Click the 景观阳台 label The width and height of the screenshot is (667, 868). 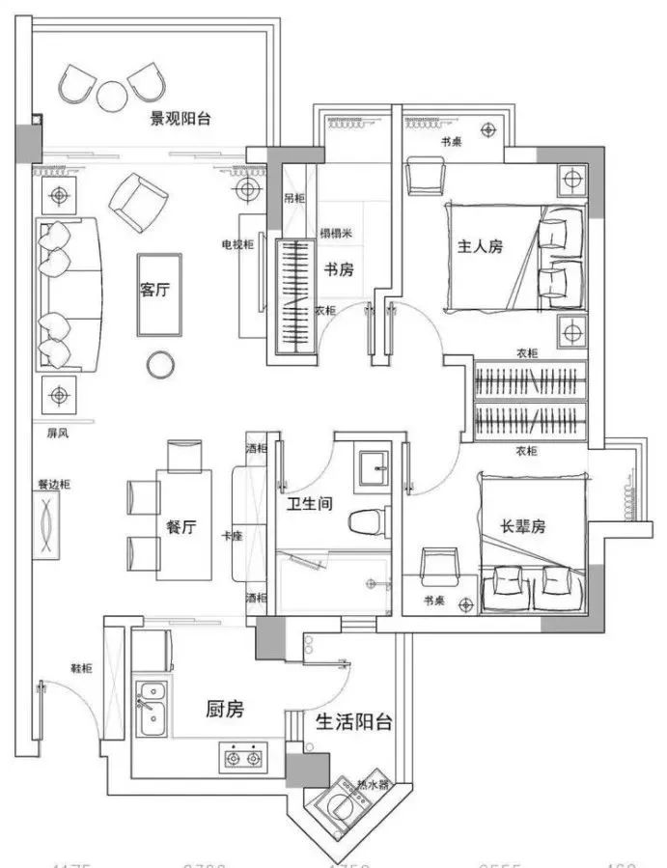pos(181,120)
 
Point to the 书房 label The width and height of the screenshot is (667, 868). pos(339,270)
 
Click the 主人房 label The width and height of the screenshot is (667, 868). pos(481,246)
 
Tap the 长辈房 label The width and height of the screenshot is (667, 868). pos(522,527)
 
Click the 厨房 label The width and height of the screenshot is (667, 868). pos(225,710)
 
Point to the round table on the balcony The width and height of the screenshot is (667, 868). pos(112,93)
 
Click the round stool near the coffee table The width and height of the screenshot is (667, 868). pos(160,364)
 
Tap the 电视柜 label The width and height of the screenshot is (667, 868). pos(237,244)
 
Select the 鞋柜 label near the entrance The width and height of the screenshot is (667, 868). pos(81,668)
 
